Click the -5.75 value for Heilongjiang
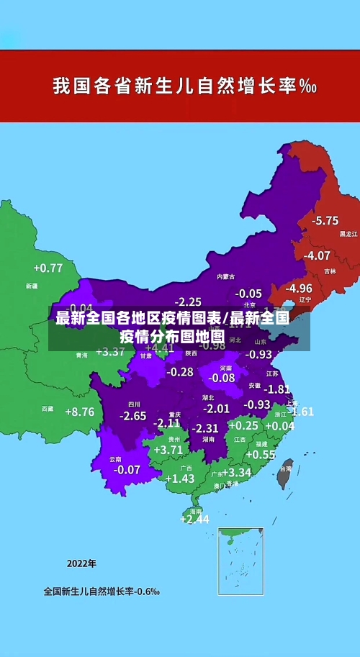325,220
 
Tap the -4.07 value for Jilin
318,255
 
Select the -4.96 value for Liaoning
299,288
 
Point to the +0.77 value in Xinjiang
48,268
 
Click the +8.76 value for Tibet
79,412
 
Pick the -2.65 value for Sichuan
132,416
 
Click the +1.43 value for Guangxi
180,479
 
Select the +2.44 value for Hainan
194,519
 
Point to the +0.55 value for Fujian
261,455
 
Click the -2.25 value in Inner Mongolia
189,302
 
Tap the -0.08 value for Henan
222,378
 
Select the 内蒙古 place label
225,276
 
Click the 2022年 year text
81,563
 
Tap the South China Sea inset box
240,561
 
